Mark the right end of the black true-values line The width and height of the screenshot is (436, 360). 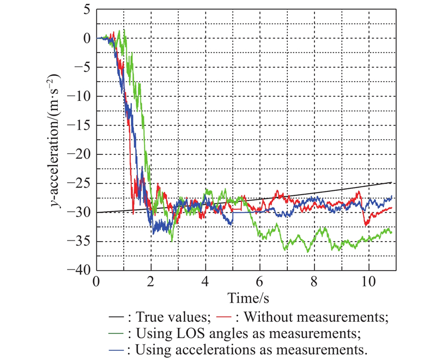[392, 182]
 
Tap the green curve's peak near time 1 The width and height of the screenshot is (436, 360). [125, 30]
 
